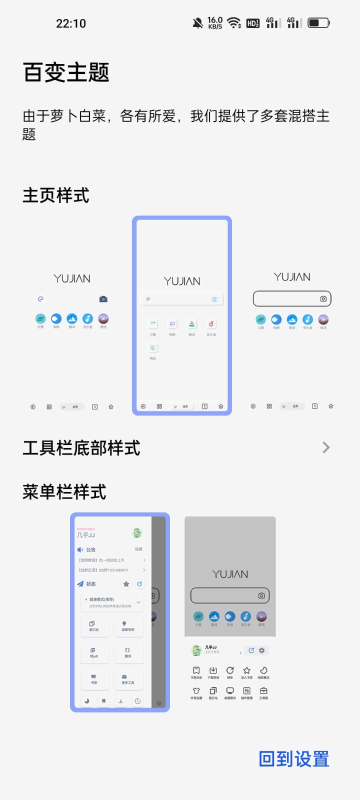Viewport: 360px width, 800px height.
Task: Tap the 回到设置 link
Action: pyautogui.click(x=294, y=759)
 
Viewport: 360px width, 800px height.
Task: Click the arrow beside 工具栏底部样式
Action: pyautogui.click(x=326, y=447)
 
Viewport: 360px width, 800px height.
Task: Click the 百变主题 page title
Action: pyautogui.click(x=66, y=72)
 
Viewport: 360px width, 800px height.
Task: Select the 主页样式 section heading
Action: pyautogui.click(x=56, y=195)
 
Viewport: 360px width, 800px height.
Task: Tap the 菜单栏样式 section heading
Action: pyautogui.click(x=64, y=492)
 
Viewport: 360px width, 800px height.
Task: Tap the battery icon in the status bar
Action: pyautogui.click(x=318, y=23)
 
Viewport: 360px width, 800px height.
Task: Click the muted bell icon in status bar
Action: pyautogui.click(x=198, y=23)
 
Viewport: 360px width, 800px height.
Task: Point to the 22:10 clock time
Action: pyautogui.click(x=71, y=23)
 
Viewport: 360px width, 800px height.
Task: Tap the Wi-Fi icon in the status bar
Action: pyautogui.click(x=233, y=23)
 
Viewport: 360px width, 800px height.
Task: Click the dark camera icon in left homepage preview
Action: pyautogui.click(x=103, y=299)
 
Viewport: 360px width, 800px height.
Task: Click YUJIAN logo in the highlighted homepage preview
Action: pyautogui.click(x=182, y=281)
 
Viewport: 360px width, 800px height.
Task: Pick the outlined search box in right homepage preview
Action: pyautogui.click(x=292, y=298)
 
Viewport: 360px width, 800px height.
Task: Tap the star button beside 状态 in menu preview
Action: pyautogui.click(x=126, y=584)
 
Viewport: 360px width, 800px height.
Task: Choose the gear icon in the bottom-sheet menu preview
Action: pyautogui.click(x=261, y=650)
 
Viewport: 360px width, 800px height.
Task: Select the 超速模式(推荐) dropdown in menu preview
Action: pyautogui.click(x=112, y=602)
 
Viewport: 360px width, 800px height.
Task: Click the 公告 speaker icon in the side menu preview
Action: pyautogui.click(x=80, y=549)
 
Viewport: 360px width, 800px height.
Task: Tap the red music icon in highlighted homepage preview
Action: pyautogui.click(x=211, y=324)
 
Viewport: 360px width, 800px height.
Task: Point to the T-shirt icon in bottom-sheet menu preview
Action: pyautogui.click(x=196, y=691)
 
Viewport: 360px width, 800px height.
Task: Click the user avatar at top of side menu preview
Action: pyautogui.click(x=137, y=533)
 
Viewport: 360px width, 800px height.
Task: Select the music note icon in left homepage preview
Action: pyautogui.click(x=87, y=318)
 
